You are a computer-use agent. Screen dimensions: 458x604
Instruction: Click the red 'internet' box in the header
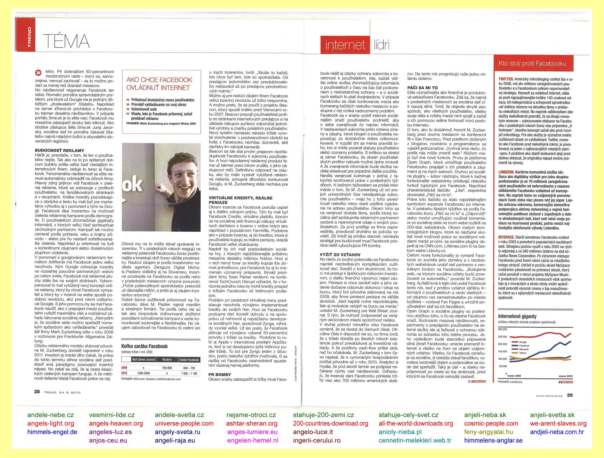pyautogui.click(x=345, y=45)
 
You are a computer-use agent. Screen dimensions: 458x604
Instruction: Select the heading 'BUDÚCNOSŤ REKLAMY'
pyautogui.click(x=60, y=150)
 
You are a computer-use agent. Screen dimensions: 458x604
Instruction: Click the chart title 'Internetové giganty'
pyautogui.click(x=517, y=316)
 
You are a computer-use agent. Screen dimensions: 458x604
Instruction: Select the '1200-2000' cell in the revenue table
pyautogui.click(x=143, y=373)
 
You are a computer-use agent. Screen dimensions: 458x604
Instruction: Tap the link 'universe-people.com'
pyautogui.click(x=184, y=424)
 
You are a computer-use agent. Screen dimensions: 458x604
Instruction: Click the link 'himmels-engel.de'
pyautogui.click(x=52, y=432)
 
